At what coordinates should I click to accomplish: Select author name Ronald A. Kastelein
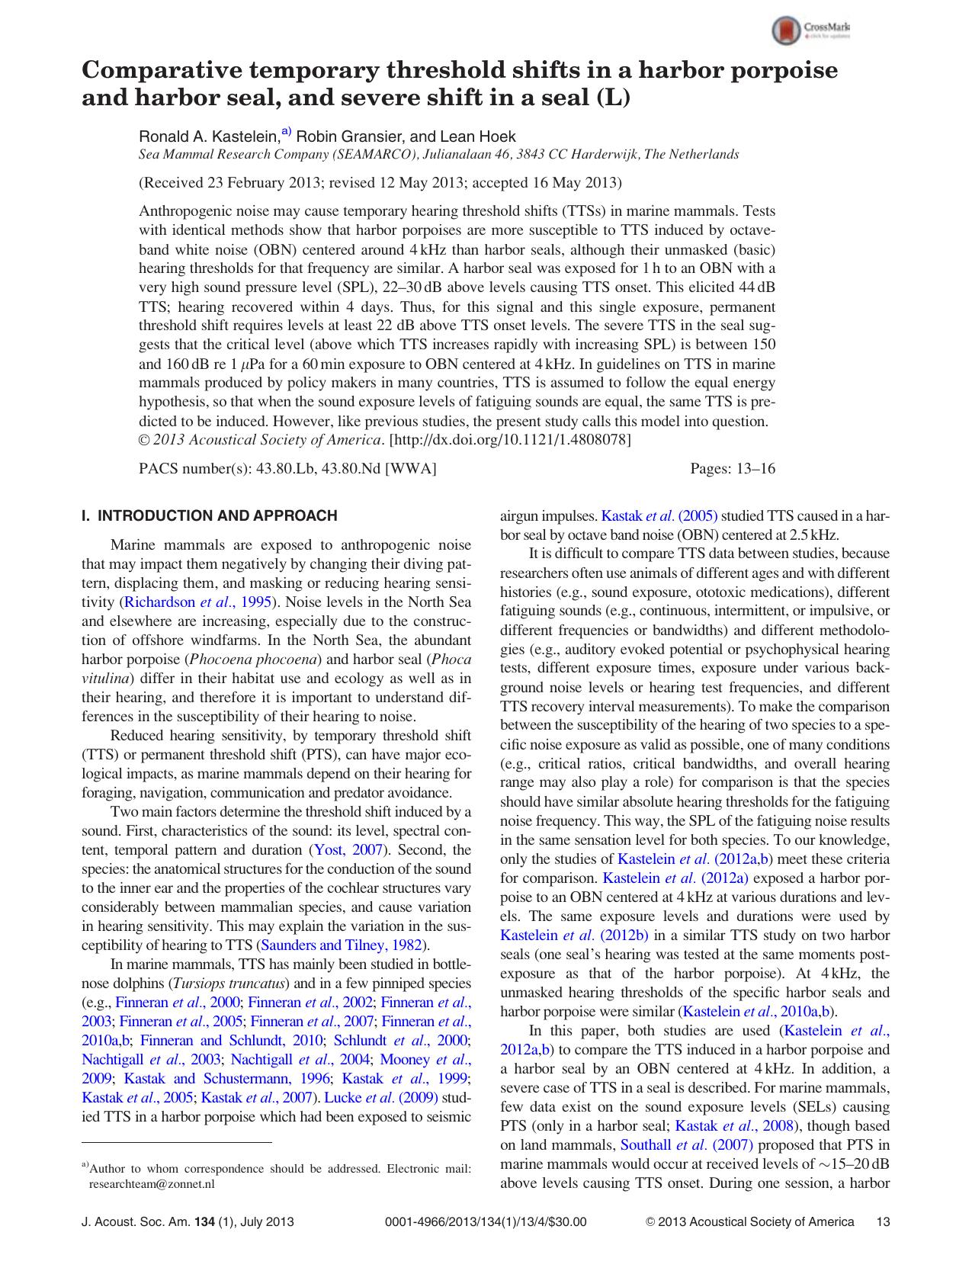[208, 137]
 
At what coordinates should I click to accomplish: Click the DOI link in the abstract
[510, 440]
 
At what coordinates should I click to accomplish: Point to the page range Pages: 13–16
[732, 469]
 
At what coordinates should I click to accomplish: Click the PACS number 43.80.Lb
[286, 469]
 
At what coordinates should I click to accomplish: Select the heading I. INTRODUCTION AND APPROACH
[209, 515]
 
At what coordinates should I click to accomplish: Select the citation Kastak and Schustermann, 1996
[226, 1079]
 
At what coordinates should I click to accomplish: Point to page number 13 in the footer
[884, 1221]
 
